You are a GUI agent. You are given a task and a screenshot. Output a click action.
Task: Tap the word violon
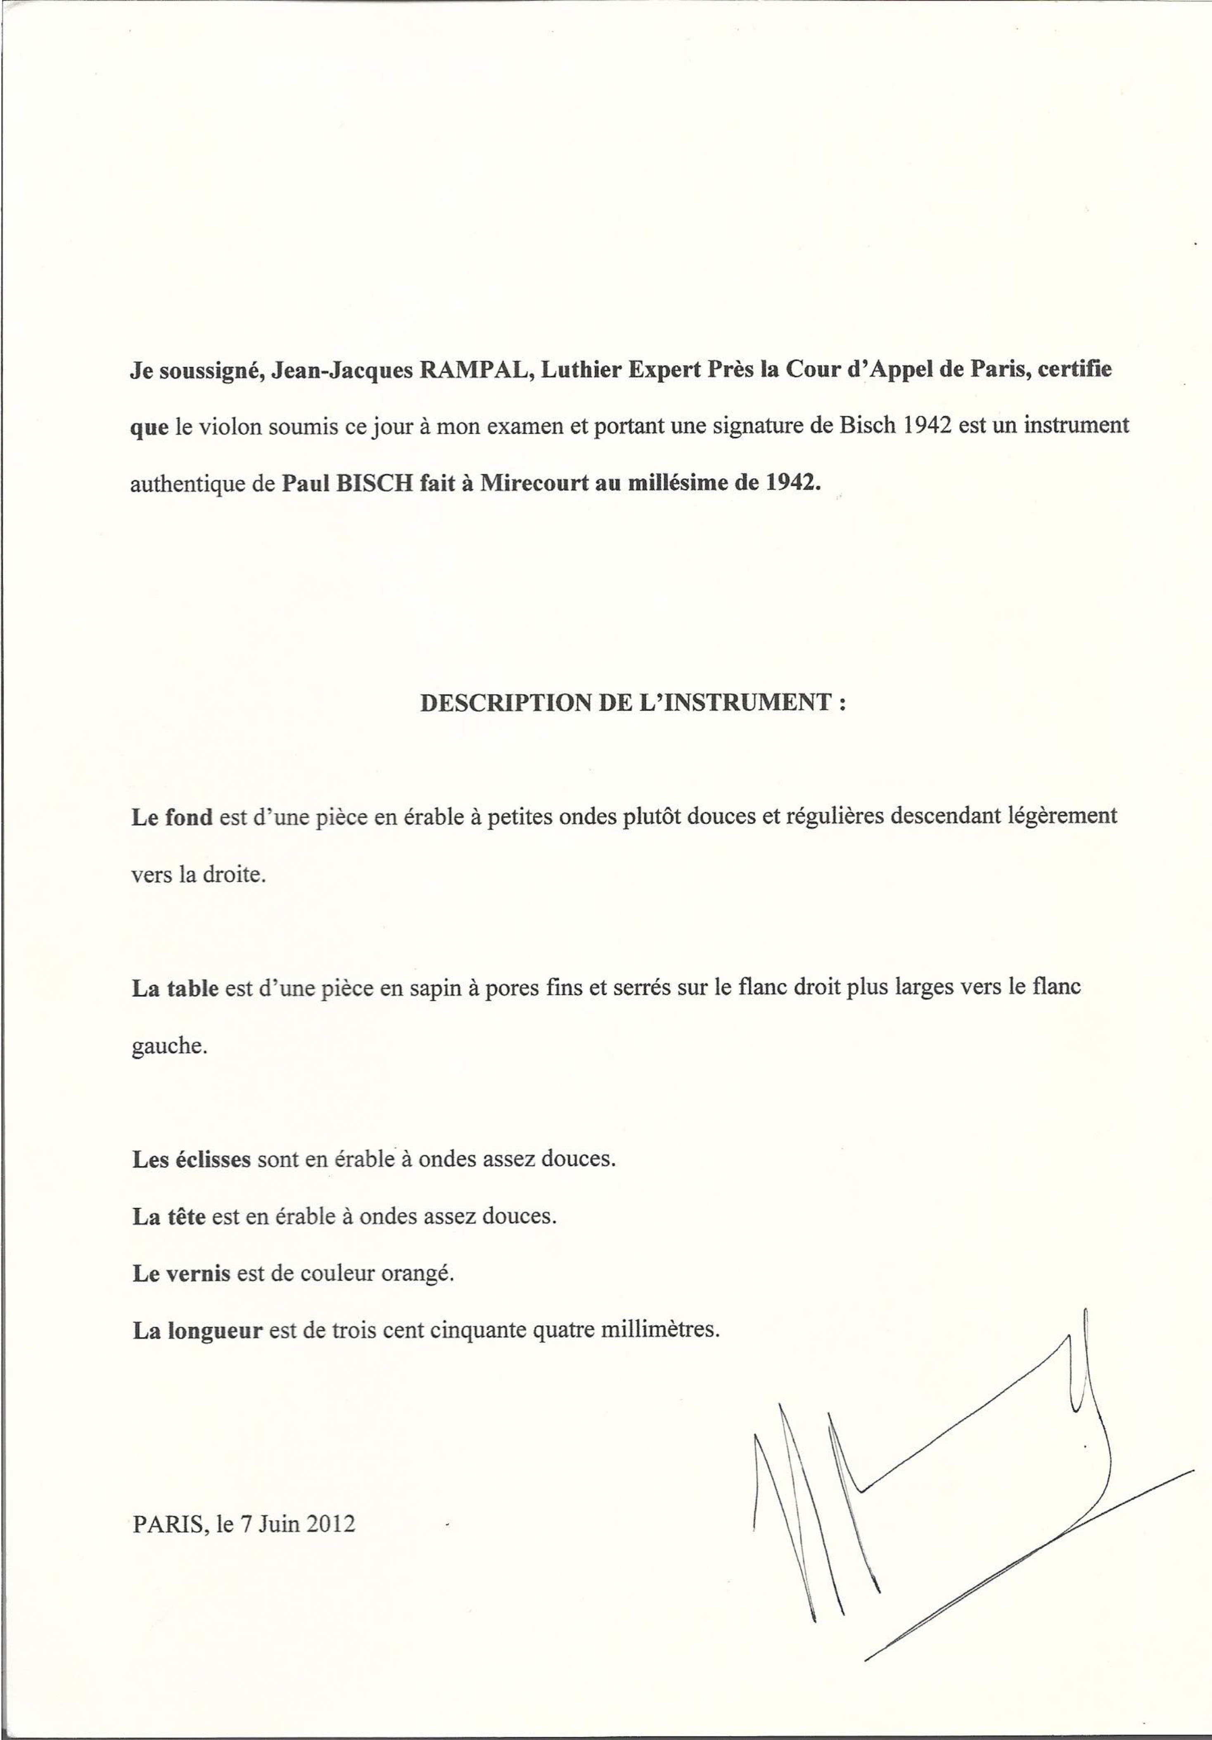[x=236, y=426]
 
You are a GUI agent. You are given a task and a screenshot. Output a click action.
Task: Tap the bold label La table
[x=175, y=988]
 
